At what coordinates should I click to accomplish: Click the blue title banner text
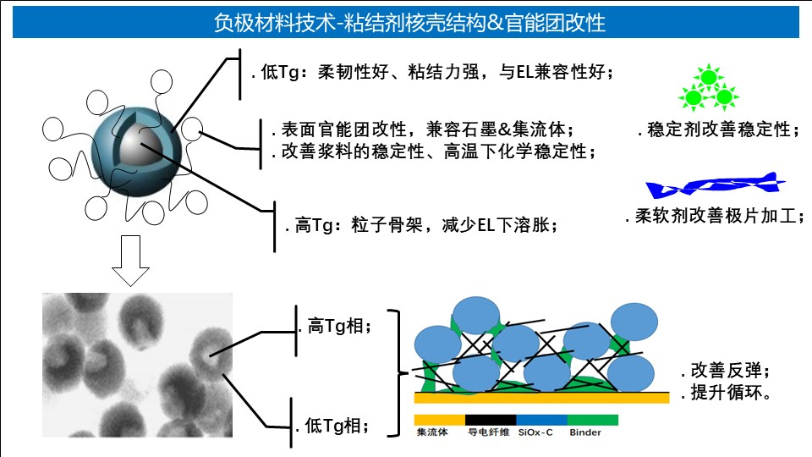tap(409, 23)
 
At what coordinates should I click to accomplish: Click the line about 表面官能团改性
tap(423, 129)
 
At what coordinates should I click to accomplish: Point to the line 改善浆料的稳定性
tap(434, 151)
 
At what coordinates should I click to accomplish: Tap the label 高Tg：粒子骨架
tap(421, 225)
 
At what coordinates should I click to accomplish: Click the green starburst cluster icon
tap(709, 88)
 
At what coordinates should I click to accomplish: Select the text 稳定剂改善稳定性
tap(719, 129)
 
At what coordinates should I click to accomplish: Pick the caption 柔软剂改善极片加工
tap(715, 216)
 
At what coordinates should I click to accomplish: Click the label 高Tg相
tap(335, 326)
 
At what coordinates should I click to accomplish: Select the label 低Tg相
tap(333, 426)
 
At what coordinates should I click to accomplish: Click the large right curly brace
tap(396, 373)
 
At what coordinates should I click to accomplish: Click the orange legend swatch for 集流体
tap(440, 420)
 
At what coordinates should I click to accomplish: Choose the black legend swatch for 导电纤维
tap(491, 420)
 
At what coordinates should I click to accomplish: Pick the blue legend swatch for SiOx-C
tap(541, 420)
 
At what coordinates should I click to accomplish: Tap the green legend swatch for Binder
tap(593, 420)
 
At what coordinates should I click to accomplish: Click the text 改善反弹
tap(726, 371)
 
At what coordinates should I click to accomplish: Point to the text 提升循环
tap(726, 392)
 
